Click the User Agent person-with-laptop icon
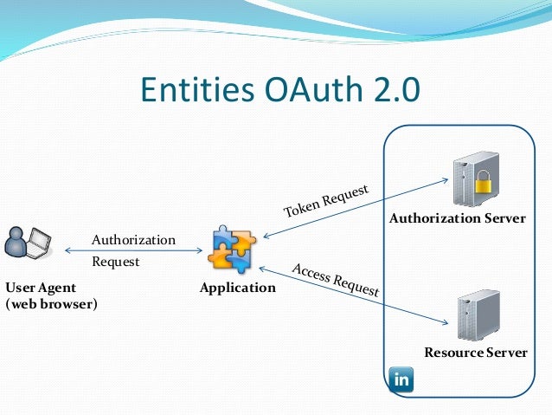pyautogui.click(x=27, y=246)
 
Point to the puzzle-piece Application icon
pyautogui.click(x=231, y=249)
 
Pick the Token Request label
pyautogui.click(x=326, y=200)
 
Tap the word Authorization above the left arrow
pyautogui.click(x=133, y=239)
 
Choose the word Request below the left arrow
pyautogui.click(x=115, y=260)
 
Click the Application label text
pyautogui.click(x=237, y=288)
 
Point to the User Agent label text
pyautogui.click(x=41, y=287)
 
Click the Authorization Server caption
pyautogui.click(x=457, y=218)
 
